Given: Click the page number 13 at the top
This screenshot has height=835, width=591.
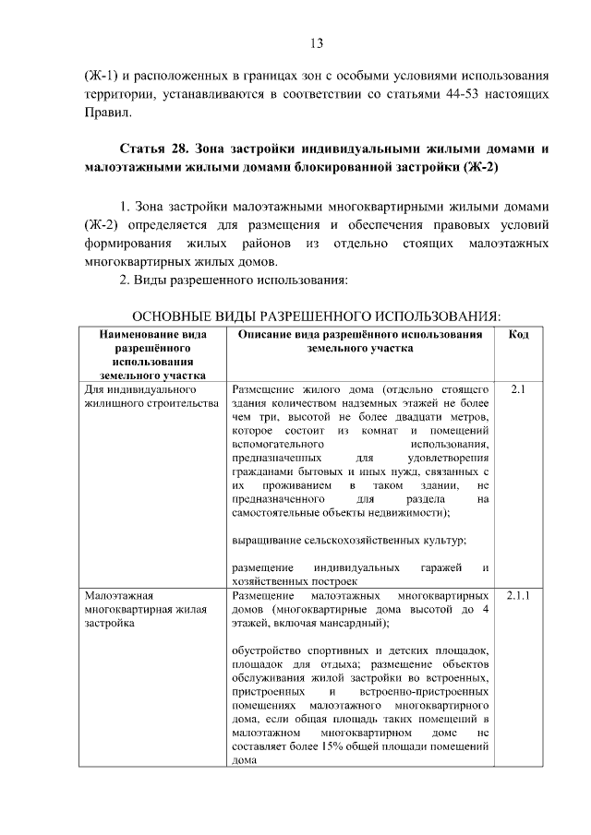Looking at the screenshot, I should [x=316, y=43].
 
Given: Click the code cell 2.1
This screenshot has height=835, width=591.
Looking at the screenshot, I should [x=518, y=389].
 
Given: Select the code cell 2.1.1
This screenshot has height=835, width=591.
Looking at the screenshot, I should [x=518, y=596].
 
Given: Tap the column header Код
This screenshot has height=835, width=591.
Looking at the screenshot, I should [x=518, y=334].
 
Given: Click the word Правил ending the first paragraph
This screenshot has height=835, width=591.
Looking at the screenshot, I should [x=105, y=114].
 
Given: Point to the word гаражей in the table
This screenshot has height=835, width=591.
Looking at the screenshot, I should [x=441, y=567].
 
